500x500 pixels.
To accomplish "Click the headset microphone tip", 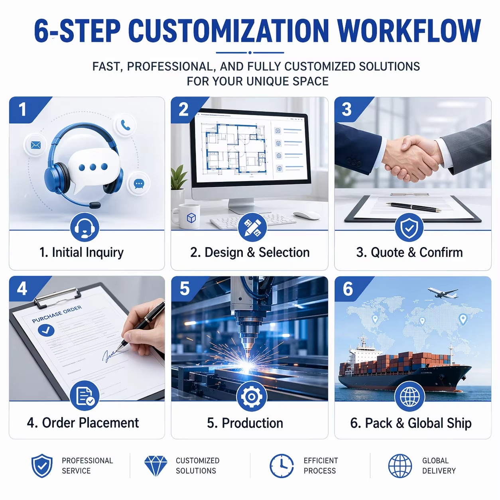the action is click(95, 205).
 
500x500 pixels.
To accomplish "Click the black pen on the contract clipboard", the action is click(413, 207).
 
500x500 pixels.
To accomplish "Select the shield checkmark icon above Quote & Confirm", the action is click(409, 228).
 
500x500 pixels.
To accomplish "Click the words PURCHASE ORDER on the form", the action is click(57, 314).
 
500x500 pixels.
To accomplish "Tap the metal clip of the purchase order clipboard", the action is click(58, 297).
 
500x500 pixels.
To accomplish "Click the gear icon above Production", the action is click(251, 397).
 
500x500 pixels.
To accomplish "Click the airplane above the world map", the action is click(443, 292).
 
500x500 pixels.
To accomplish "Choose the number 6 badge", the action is click(348, 289).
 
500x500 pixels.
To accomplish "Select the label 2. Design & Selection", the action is click(250, 252).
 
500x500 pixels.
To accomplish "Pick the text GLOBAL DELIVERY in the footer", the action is click(439, 465).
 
